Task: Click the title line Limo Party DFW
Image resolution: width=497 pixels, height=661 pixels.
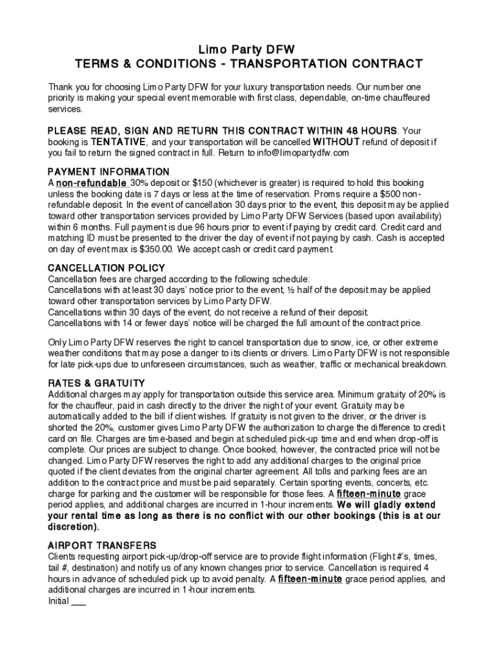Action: click(249, 50)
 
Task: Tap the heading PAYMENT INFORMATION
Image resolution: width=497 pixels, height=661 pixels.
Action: click(109, 172)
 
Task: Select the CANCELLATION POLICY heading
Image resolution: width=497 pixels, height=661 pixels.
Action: click(107, 268)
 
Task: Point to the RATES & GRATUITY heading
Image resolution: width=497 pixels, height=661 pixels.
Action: click(97, 383)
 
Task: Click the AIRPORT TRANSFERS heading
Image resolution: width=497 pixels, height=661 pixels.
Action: click(102, 545)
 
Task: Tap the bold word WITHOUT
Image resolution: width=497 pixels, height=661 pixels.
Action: click(336, 142)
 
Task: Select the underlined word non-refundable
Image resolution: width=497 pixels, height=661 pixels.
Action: click(90, 183)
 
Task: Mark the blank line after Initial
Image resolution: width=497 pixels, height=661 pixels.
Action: click(78, 601)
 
